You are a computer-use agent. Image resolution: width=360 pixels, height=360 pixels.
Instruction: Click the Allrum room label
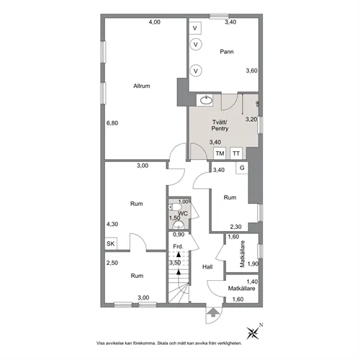[141, 86]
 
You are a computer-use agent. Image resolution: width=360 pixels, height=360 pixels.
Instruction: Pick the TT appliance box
[236, 154]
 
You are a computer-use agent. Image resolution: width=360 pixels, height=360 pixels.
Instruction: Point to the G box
[242, 168]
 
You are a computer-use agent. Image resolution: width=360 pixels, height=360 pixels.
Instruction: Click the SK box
[111, 244]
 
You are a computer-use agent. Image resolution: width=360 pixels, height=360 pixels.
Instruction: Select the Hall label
[207, 267]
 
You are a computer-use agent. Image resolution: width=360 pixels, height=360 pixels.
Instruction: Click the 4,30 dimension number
[112, 223]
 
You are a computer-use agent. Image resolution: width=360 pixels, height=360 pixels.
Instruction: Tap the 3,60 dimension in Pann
[251, 71]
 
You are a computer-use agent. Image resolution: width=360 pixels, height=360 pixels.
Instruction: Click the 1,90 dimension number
[252, 264]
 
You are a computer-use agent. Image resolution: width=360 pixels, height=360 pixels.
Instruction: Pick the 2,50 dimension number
[112, 263]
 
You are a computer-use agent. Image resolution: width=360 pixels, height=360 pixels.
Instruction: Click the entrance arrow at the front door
[214, 312]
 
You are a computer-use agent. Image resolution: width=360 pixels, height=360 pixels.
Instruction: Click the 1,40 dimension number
[251, 282]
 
